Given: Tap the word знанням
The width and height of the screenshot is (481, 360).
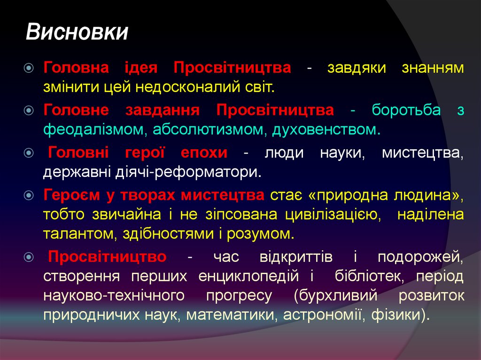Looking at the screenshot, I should pyautogui.click(x=433, y=68).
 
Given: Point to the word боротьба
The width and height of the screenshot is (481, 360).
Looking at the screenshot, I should pyautogui.click(x=406, y=110).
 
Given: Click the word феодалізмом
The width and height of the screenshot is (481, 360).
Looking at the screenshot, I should pyautogui.click(x=94, y=130).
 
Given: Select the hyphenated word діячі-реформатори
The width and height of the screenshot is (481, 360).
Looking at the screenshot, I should pyautogui.click(x=186, y=172).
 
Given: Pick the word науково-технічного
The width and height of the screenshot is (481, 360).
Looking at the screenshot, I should pyautogui.click(x=113, y=296).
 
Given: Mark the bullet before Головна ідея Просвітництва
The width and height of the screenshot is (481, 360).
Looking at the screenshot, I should pyautogui.click(x=29, y=68).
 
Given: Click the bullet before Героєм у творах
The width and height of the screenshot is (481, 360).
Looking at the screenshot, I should pyautogui.click(x=29, y=195).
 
